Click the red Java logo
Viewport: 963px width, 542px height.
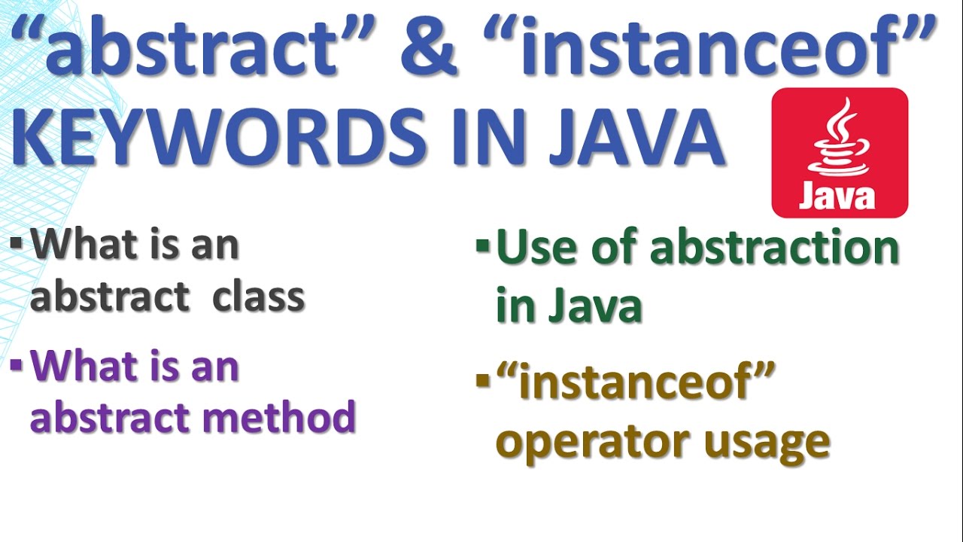click(840, 153)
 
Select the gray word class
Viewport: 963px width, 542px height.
click(258, 297)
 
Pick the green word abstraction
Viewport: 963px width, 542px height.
click(774, 248)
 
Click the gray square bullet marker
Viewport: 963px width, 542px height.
click(17, 244)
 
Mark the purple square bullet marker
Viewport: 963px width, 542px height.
click(17, 366)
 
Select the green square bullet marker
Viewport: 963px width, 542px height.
click(482, 245)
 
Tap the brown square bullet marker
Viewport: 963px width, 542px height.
click(482, 381)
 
